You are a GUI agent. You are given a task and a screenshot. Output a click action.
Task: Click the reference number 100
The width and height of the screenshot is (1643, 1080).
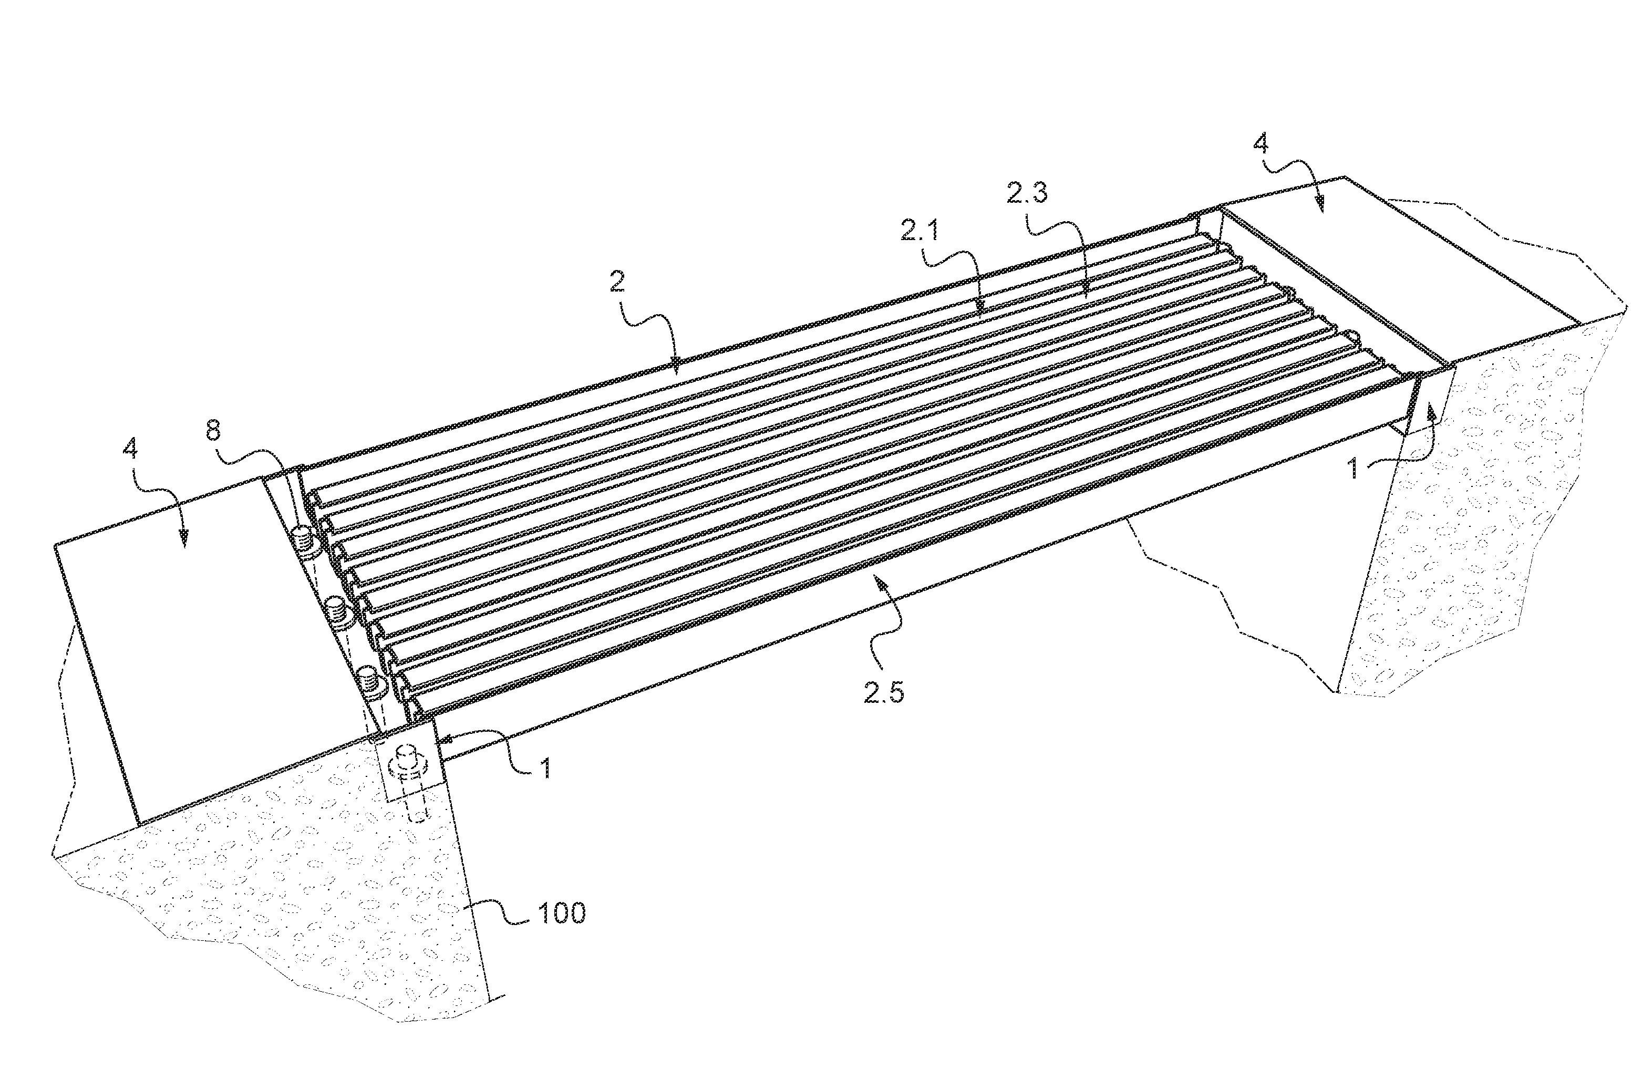(561, 913)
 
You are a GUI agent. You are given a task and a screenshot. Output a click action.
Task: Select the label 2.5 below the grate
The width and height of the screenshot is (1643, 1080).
(884, 693)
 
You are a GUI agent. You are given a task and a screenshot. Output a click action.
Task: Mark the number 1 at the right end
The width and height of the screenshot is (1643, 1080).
(1353, 470)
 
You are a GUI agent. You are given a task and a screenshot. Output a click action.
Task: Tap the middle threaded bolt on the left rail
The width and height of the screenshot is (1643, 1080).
(336, 610)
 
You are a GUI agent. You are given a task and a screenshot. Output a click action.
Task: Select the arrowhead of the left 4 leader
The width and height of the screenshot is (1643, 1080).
(183, 543)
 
